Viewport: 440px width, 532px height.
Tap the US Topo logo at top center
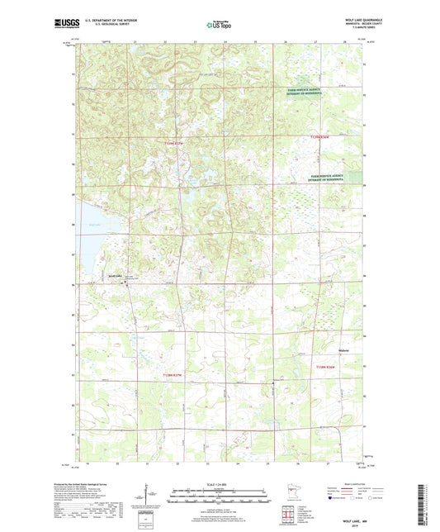(x=219, y=25)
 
